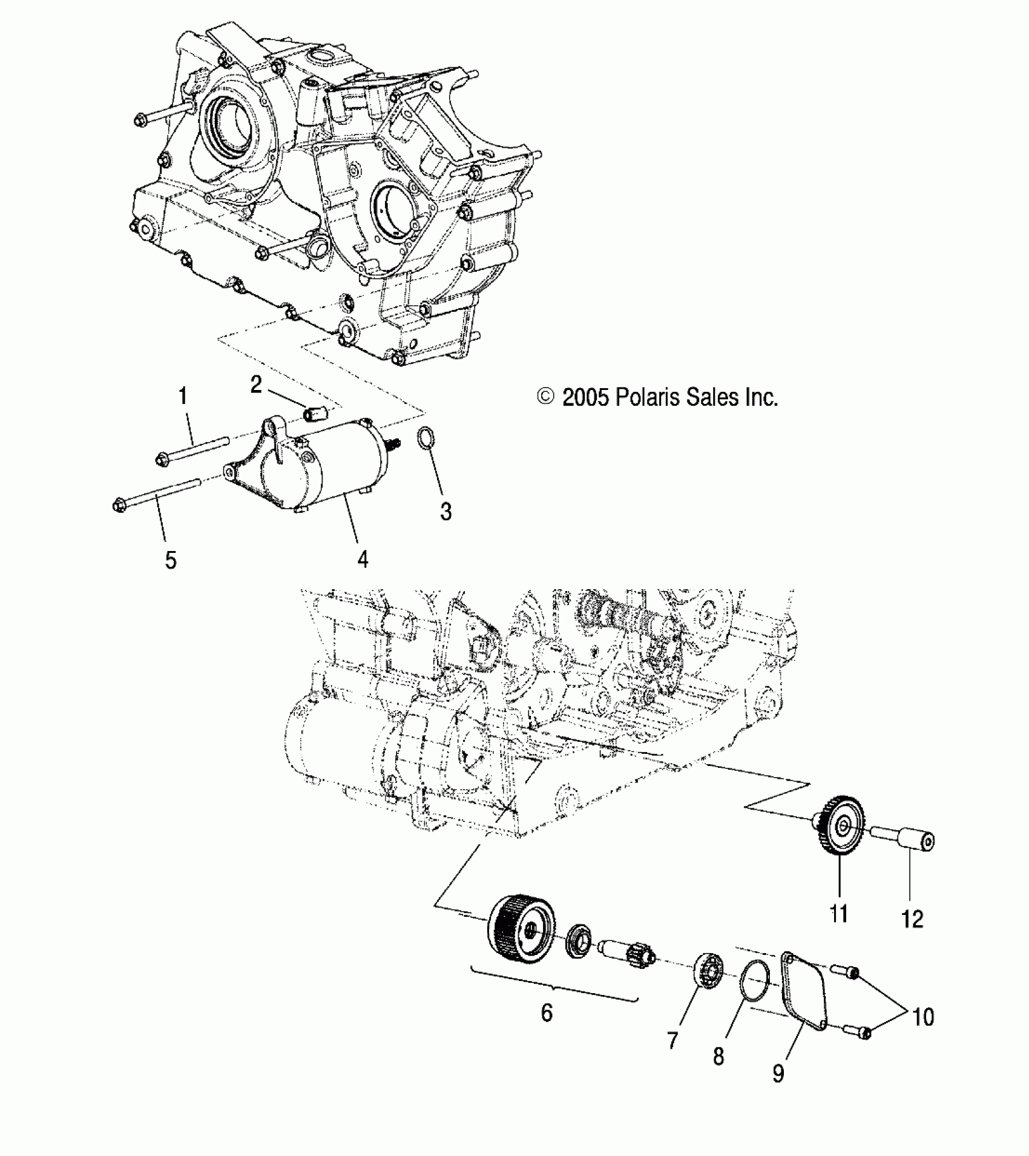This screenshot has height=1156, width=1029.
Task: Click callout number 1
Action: pos(182,397)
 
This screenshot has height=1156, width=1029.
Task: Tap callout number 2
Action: pos(257,384)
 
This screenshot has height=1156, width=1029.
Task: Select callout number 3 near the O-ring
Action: pos(445,512)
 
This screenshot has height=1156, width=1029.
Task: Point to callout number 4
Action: pos(363,558)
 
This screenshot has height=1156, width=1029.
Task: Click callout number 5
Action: pos(171,560)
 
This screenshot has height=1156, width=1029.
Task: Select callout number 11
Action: pos(839,930)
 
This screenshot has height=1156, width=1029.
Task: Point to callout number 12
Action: pos(912,936)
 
